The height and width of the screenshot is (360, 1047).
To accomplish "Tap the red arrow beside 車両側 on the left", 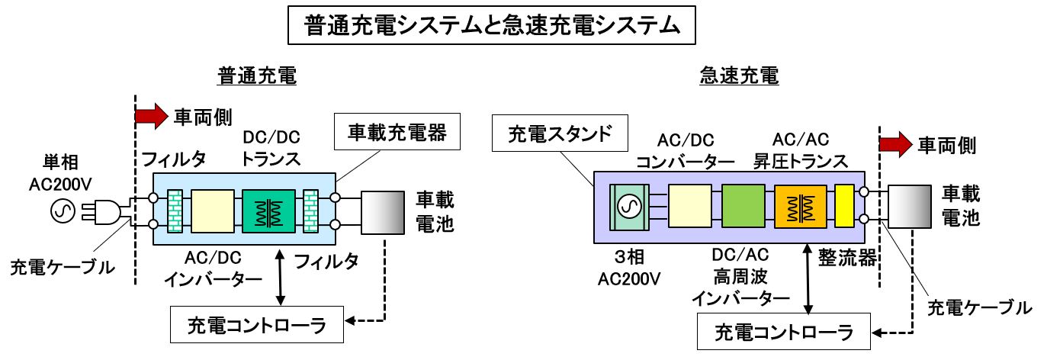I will [x=150, y=116].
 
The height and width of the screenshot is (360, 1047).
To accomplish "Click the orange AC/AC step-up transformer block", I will [x=801, y=206].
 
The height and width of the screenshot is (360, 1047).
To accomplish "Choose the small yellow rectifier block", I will [x=843, y=206].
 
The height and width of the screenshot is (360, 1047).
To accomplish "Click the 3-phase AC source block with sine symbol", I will [x=630, y=206].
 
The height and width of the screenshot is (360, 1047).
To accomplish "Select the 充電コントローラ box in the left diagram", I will [x=257, y=325].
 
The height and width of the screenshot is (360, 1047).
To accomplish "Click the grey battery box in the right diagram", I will [x=910, y=206].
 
